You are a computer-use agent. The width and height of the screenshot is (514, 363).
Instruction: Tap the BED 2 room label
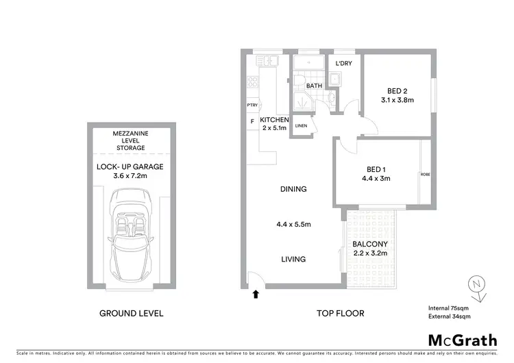(x=378, y=91)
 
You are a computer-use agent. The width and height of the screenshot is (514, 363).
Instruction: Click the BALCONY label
(x=369, y=245)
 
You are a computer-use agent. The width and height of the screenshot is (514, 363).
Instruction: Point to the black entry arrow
(x=256, y=295)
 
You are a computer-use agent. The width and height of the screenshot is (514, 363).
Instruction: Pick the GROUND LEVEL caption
(x=131, y=314)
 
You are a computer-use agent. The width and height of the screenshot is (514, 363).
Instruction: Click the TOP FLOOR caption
(x=340, y=314)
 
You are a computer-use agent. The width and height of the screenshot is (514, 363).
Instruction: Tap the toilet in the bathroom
(x=299, y=82)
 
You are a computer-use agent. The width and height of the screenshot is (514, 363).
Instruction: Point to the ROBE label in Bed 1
(x=425, y=175)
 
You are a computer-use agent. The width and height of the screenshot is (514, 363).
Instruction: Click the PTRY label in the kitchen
(x=252, y=105)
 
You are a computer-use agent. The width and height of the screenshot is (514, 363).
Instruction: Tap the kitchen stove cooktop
(x=252, y=83)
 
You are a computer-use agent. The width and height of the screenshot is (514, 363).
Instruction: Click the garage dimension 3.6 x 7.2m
(x=130, y=176)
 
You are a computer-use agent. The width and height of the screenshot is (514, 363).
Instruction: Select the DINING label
(x=293, y=189)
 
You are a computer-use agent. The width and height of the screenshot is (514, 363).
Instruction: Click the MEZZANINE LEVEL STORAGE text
(x=130, y=140)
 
